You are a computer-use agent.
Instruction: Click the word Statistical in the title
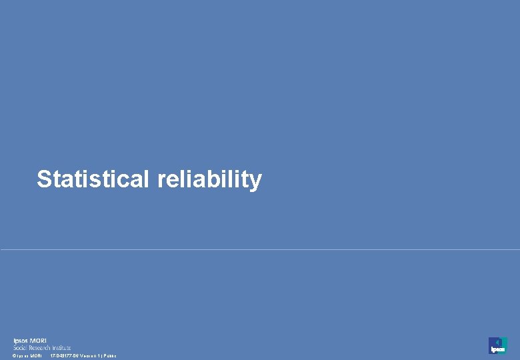pos(93,179)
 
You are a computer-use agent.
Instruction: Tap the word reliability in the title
pos(210,179)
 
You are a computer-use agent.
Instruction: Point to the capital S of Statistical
pos(44,179)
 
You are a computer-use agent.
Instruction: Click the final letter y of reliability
pos(256,181)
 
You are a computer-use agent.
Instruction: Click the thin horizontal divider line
pos(260,250)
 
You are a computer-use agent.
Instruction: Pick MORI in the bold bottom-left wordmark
pos(39,341)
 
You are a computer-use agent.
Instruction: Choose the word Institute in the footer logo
pos(62,347)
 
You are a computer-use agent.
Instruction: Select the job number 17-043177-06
pos(65,356)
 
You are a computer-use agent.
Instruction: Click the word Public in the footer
pos(110,356)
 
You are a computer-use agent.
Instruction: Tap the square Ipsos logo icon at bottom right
pos(497,345)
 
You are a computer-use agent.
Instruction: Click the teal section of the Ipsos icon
pos(504,342)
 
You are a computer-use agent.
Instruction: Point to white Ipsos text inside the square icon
pos(497,349)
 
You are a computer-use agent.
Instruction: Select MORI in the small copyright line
pos(36,356)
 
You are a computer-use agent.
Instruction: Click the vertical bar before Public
pos(103,356)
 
